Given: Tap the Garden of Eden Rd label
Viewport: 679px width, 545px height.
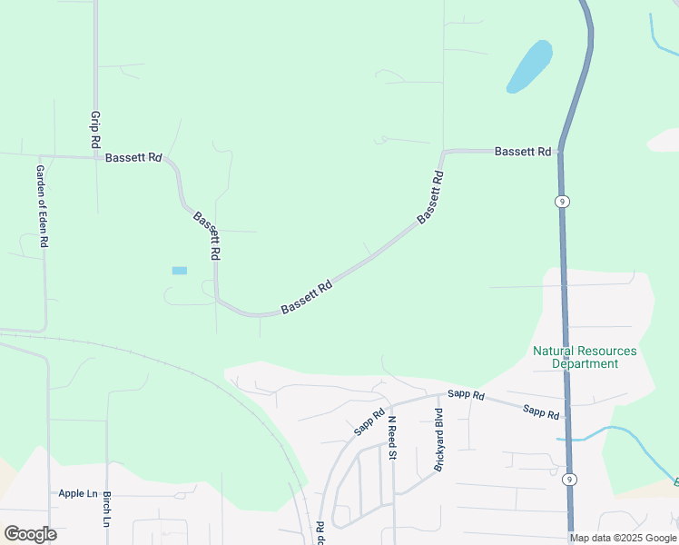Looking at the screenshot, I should tap(42, 207).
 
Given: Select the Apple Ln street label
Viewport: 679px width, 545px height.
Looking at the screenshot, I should tap(78, 493).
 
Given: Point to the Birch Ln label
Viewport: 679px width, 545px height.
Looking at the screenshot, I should tap(106, 510).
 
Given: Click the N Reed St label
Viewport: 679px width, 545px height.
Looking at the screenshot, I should tap(393, 437).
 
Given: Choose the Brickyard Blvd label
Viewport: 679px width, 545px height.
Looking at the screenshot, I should tap(438, 443).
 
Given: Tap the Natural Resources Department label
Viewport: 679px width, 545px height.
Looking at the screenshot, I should tap(585, 357).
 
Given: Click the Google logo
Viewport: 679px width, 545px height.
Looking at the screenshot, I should tap(30, 533).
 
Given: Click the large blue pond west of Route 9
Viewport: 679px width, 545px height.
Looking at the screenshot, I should tap(529, 66).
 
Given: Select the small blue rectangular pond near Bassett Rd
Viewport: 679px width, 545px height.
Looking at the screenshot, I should tap(179, 271).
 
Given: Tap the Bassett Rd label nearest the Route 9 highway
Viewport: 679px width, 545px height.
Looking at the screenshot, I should tap(523, 152).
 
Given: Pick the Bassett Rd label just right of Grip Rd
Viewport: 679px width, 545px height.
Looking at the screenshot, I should tap(133, 157).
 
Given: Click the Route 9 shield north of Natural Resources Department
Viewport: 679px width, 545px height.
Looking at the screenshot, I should tap(563, 202).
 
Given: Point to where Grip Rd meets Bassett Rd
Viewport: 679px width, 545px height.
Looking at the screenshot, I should tap(95, 157).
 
